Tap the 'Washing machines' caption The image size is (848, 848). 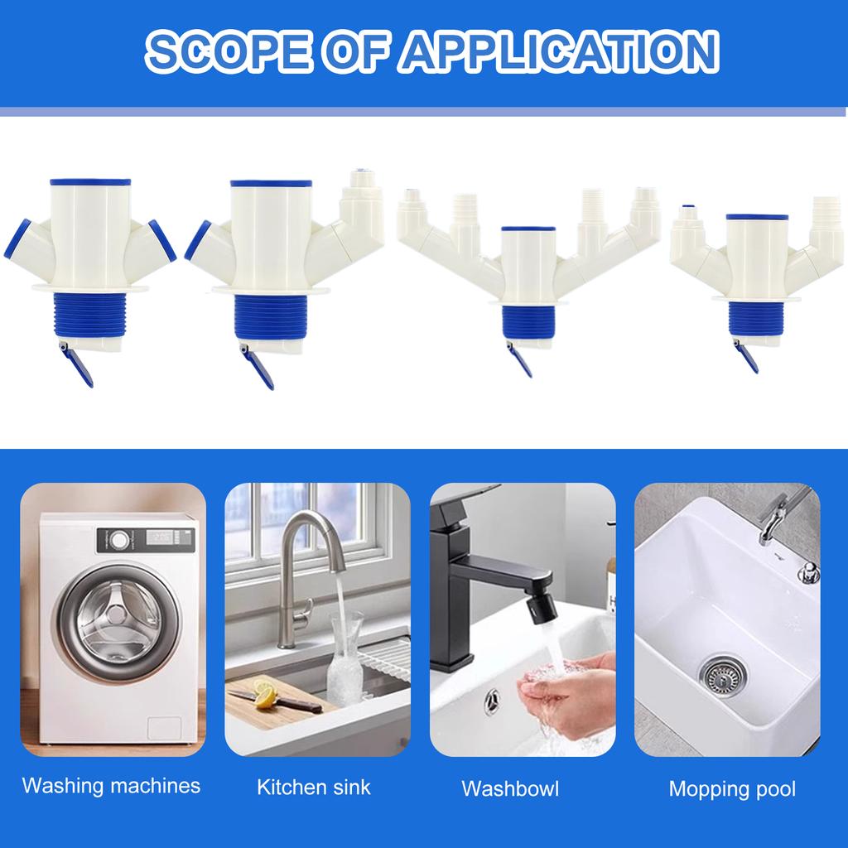[x=111, y=785]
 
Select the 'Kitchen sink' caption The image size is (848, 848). [x=314, y=787]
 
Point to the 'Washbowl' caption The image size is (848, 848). [x=510, y=788]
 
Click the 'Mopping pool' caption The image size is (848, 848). [x=732, y=788]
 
